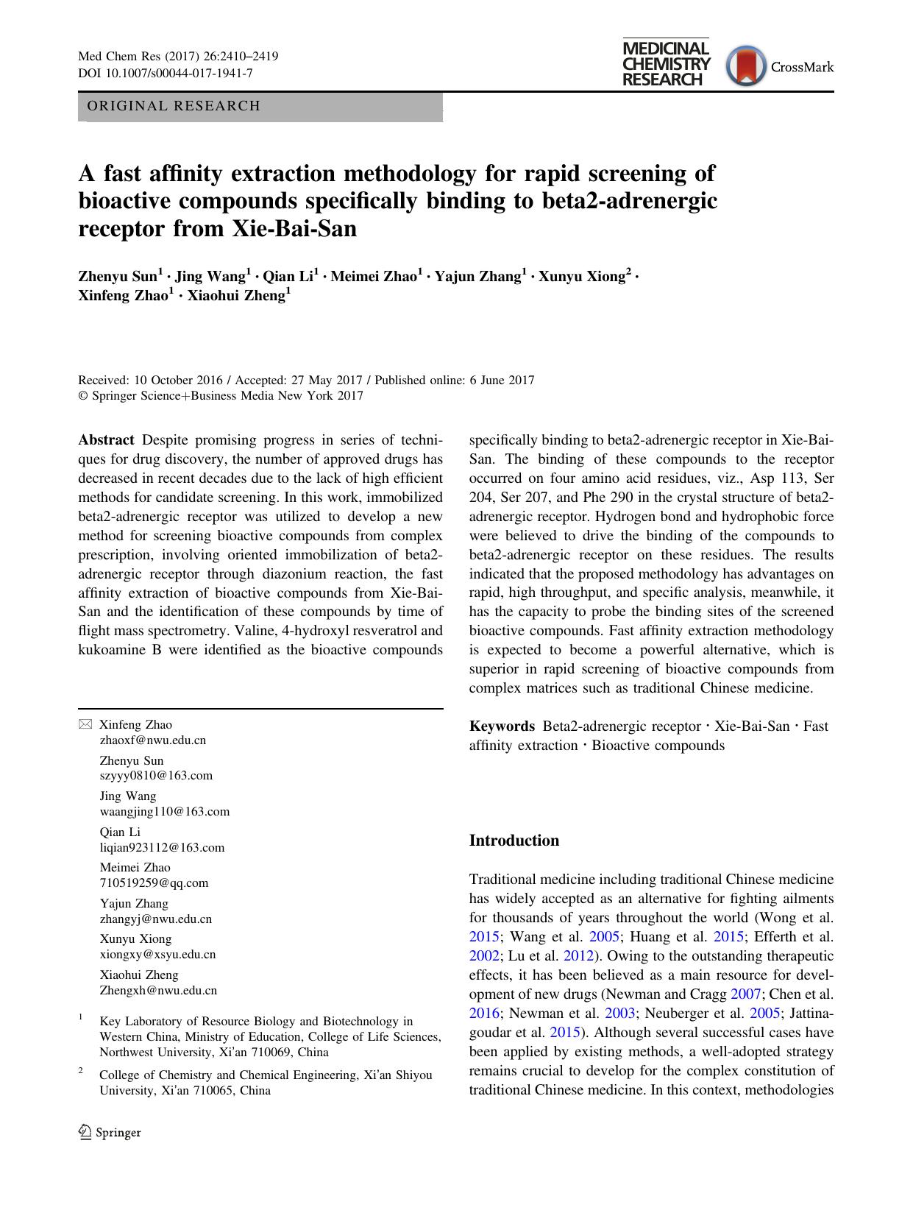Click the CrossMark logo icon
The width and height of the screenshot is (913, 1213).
click(x=746, y=66)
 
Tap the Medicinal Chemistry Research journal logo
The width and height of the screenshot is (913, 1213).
click(x=666, y=63)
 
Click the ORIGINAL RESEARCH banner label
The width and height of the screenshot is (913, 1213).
click(x=174, y=106)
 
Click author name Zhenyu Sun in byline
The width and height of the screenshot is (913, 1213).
click(x=118, y=277)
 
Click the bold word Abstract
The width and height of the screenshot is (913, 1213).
click(x=106, y=440)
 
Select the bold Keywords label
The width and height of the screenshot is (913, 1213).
click(x=502, y=726)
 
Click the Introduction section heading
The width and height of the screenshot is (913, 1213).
click(x=514, y=841)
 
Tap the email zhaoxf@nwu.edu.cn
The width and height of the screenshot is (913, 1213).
click(x=153, y=740)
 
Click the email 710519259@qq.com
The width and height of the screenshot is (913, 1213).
click(x=154, y=883)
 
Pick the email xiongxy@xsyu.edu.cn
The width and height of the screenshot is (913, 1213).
click(x=158, y=954)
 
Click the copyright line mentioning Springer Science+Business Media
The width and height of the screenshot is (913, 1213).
click(x=221, y=396)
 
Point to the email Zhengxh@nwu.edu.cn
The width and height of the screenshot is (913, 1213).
click(x=159, y=990)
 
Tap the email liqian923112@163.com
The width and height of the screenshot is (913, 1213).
click(x=163, y=847)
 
